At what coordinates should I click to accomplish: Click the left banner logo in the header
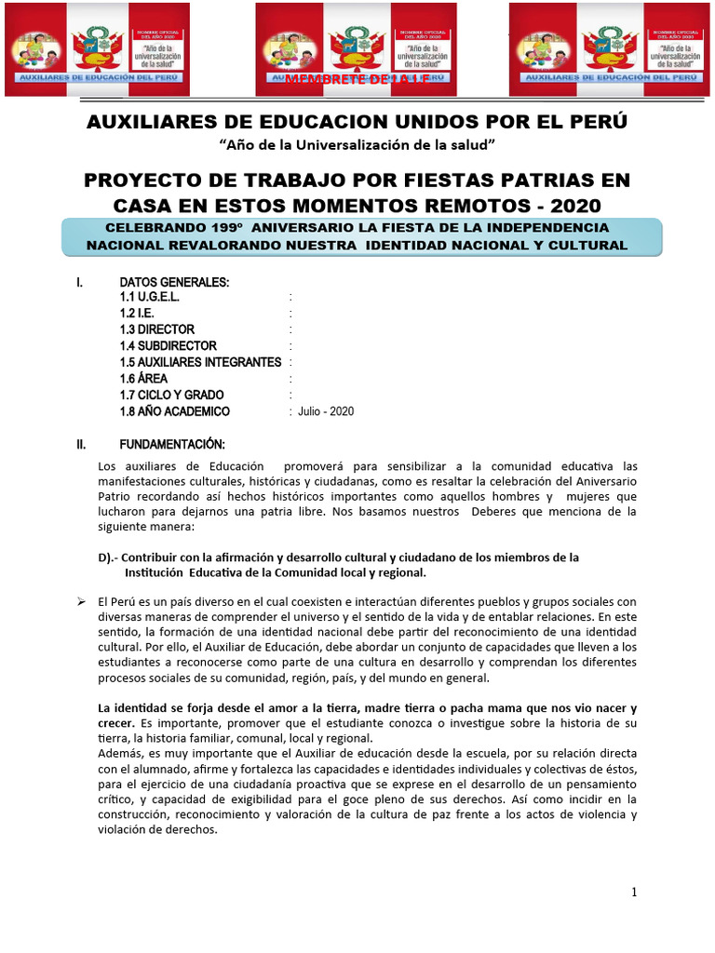point(97,49)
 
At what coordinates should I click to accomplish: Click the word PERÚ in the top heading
point(597,121)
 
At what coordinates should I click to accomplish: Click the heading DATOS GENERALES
point(174,283)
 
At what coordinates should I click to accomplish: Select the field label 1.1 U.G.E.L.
point(149,297)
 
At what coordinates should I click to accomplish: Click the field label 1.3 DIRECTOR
point(157,329)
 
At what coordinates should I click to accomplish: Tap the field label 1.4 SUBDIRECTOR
point(168,346)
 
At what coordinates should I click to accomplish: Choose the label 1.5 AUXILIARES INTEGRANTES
point(200,362)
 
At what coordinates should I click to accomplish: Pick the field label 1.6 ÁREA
point(143,379)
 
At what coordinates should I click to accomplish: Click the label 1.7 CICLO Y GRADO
point(171,395)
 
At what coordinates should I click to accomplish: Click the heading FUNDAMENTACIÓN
point(172,444)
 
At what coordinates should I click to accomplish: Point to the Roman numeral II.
point(82,444)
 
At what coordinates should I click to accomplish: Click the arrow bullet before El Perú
point(81,601)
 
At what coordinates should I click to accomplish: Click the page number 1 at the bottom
point(634,893)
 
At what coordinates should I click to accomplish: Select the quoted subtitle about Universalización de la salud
point(357,145)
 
